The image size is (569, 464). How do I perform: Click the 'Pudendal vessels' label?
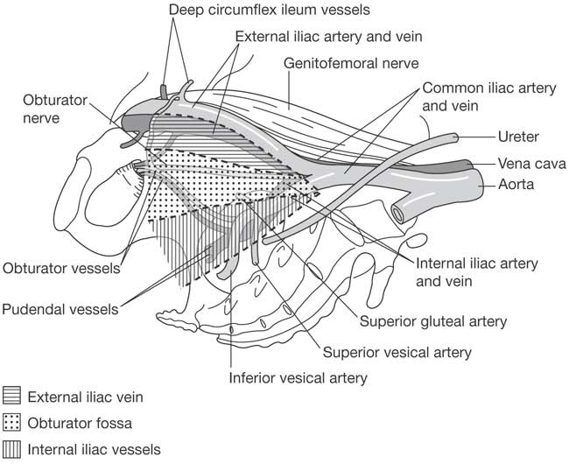[x=60, y=309]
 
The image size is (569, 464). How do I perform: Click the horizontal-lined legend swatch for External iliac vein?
[x=12, y=397]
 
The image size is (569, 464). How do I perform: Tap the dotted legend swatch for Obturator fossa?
[x=12, y=423]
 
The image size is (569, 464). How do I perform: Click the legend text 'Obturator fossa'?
[x=80, y=423]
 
